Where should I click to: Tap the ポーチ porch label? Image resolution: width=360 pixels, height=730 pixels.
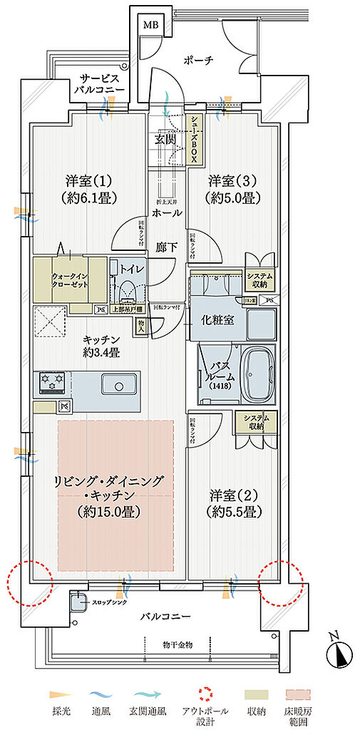198,61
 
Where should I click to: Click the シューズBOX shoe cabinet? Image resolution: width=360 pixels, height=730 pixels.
193,140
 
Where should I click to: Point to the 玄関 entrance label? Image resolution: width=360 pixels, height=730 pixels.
165,139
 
